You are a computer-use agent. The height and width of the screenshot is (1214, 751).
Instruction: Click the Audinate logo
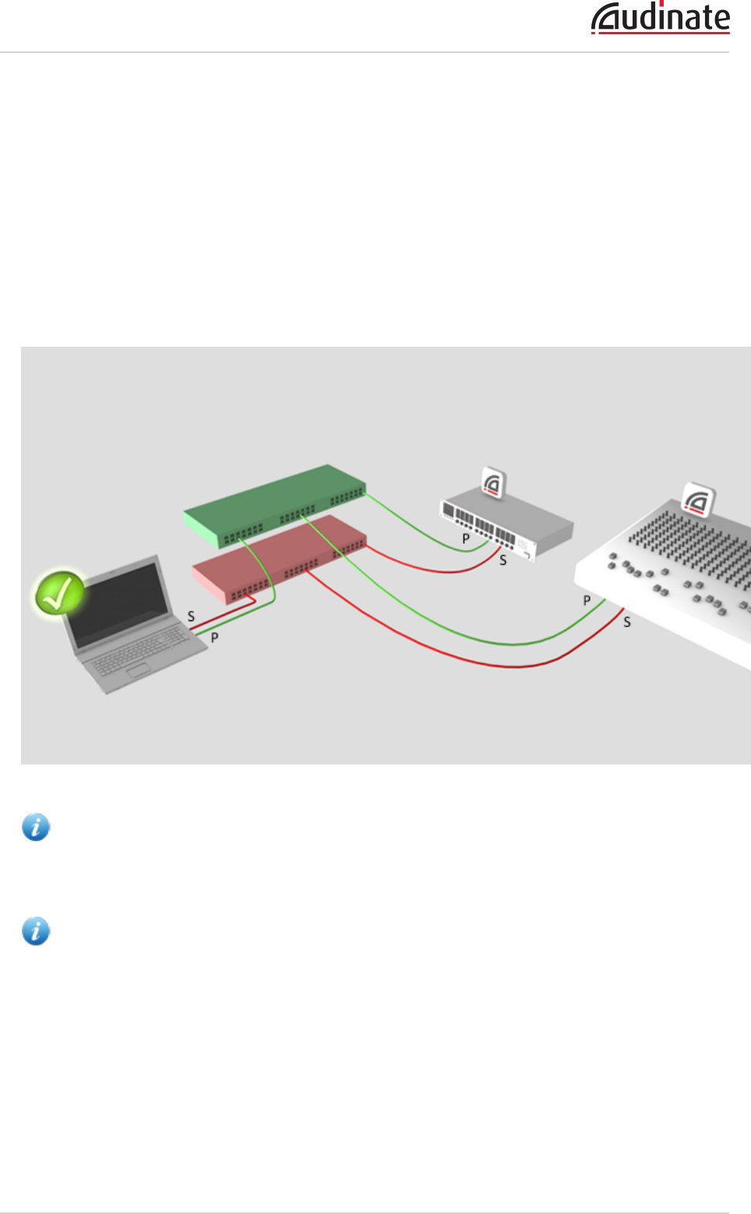(661, 19)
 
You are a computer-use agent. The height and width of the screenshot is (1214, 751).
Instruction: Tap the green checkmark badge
(58, 593)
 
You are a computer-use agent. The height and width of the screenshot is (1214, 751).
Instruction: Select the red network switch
(280, 557)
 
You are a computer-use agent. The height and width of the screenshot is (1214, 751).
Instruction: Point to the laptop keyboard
(140, 650)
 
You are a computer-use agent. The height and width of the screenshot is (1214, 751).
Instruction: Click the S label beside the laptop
(191, 616)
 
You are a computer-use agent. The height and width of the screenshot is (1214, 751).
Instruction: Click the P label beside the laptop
(214, 637)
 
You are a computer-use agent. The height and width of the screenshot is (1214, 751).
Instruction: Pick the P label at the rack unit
(466, 538)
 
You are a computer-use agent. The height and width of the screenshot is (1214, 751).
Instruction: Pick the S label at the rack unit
(503, 560)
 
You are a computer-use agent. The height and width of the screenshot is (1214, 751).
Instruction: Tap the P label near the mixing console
(587, 601)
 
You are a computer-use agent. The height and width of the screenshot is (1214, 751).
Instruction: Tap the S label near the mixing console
(627, 623)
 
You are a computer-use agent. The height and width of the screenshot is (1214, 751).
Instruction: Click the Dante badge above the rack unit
(493, 484)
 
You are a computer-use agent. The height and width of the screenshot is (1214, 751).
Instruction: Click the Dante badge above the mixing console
(698, 499)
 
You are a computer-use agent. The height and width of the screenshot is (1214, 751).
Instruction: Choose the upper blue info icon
(36, 827)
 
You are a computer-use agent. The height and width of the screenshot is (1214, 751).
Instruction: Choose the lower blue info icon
(36, 930)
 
